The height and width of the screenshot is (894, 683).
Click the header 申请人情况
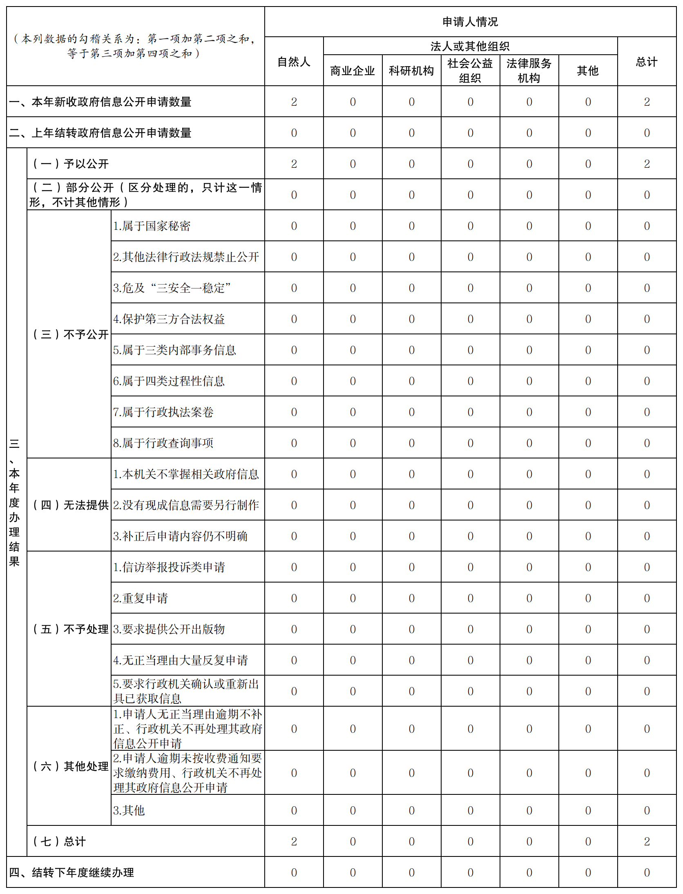[x=470, y=22]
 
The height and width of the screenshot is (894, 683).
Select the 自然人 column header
[x=294, y=62]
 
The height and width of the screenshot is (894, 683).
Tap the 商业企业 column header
[x=352, y=71]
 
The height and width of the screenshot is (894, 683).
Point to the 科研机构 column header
[x=411, y=71]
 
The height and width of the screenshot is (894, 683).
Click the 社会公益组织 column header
[x=470, y=71]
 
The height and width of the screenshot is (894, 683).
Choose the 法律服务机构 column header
[x=529, y=71]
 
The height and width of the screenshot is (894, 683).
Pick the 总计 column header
[x=646, y=62]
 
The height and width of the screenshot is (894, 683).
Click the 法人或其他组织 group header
[x=470, y=46]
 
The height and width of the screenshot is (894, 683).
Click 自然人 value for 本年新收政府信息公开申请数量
[x=294, y=102]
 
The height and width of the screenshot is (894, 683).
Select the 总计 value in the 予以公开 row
[x=647, y=164]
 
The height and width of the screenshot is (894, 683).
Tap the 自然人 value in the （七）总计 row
[x=294, y=841]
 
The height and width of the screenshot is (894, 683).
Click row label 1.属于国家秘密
[x=152, y=226]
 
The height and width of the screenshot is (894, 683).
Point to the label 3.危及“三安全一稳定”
[x=172, y=288]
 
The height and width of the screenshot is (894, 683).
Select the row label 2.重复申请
[x=140, y=598]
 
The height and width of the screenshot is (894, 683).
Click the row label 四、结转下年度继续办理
[x=71, y=872]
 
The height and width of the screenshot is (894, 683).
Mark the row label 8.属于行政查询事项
[x=163, y=443]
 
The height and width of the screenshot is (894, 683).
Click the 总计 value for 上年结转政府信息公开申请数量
[x=647, y=133]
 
